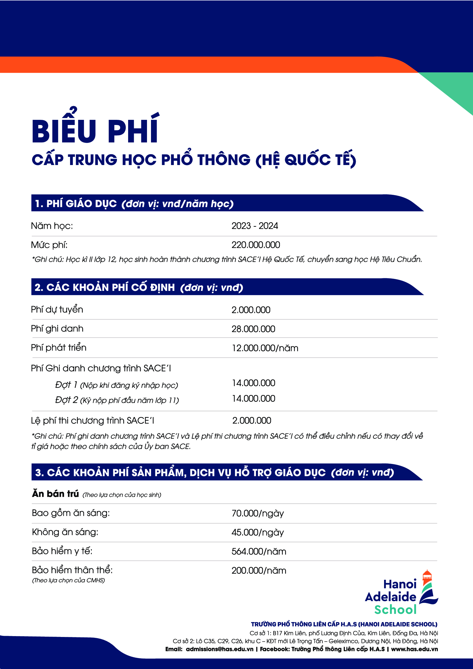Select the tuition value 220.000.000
[x=255, y=245]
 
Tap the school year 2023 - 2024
[x=255, y=226]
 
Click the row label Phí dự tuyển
[x=57, y=309]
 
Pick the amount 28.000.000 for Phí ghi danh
[x=253, y=329]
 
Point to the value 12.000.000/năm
[x=265, y=348]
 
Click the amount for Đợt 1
[x=253, y=383]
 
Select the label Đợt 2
[x=67, y=400]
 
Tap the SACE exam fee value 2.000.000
[x=252, y=420]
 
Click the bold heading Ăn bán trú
[x=55, y=494]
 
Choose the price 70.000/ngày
[x=257, y=513]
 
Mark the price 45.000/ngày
[x=257, y=532]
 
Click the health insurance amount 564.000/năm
[x=259, y=551]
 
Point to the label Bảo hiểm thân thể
[x=72, y=570]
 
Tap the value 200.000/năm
[x=259, y=571]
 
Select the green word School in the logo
[x=395, y=610]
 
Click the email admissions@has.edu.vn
[x=219, y=649]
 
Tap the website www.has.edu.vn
[x=414, y=649]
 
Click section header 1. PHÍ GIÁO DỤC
[x=76, y=203]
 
